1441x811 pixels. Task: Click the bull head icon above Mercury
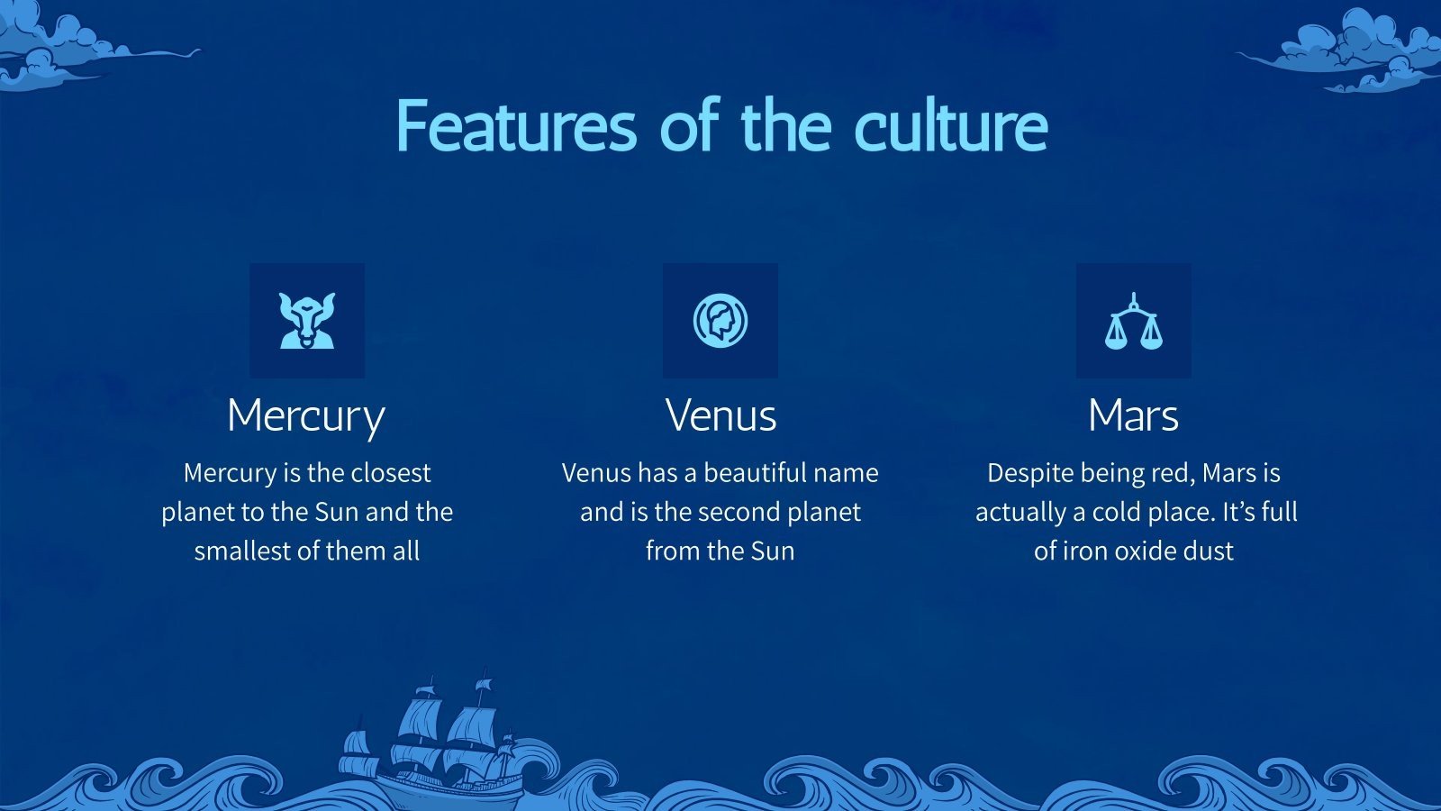point(307,321)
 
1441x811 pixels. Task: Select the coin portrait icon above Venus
point(720,321)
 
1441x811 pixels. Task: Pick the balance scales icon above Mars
point(1134,321)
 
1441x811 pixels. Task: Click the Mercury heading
point(306,417)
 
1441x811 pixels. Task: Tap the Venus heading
point(720,415)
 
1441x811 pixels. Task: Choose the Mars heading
point(1134,415)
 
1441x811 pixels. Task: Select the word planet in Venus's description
point(824,514)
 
